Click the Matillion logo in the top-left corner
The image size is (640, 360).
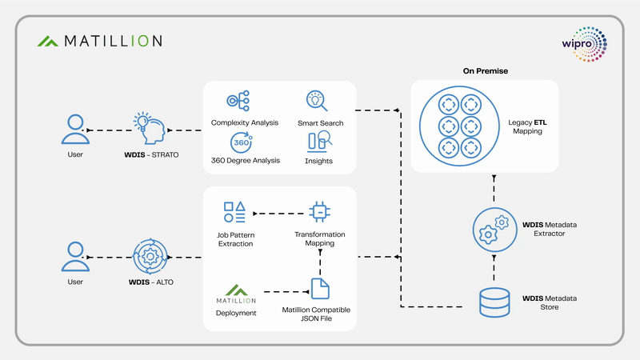[x=99, y=41]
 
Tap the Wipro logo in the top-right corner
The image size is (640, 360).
[x=585, y=43]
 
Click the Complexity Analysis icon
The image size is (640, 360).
[x=238, y=102]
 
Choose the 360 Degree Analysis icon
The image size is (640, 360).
[x=241, y=142]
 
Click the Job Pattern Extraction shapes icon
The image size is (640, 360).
[x=234, y=213]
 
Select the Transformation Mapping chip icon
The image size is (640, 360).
[x=320, y=213]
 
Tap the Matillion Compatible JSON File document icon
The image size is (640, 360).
[x=320, y=287]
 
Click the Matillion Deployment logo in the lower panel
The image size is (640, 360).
[x=235, y=294]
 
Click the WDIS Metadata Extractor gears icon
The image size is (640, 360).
[x=493, y=230]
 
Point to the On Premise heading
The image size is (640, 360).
[x=485, y=71]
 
